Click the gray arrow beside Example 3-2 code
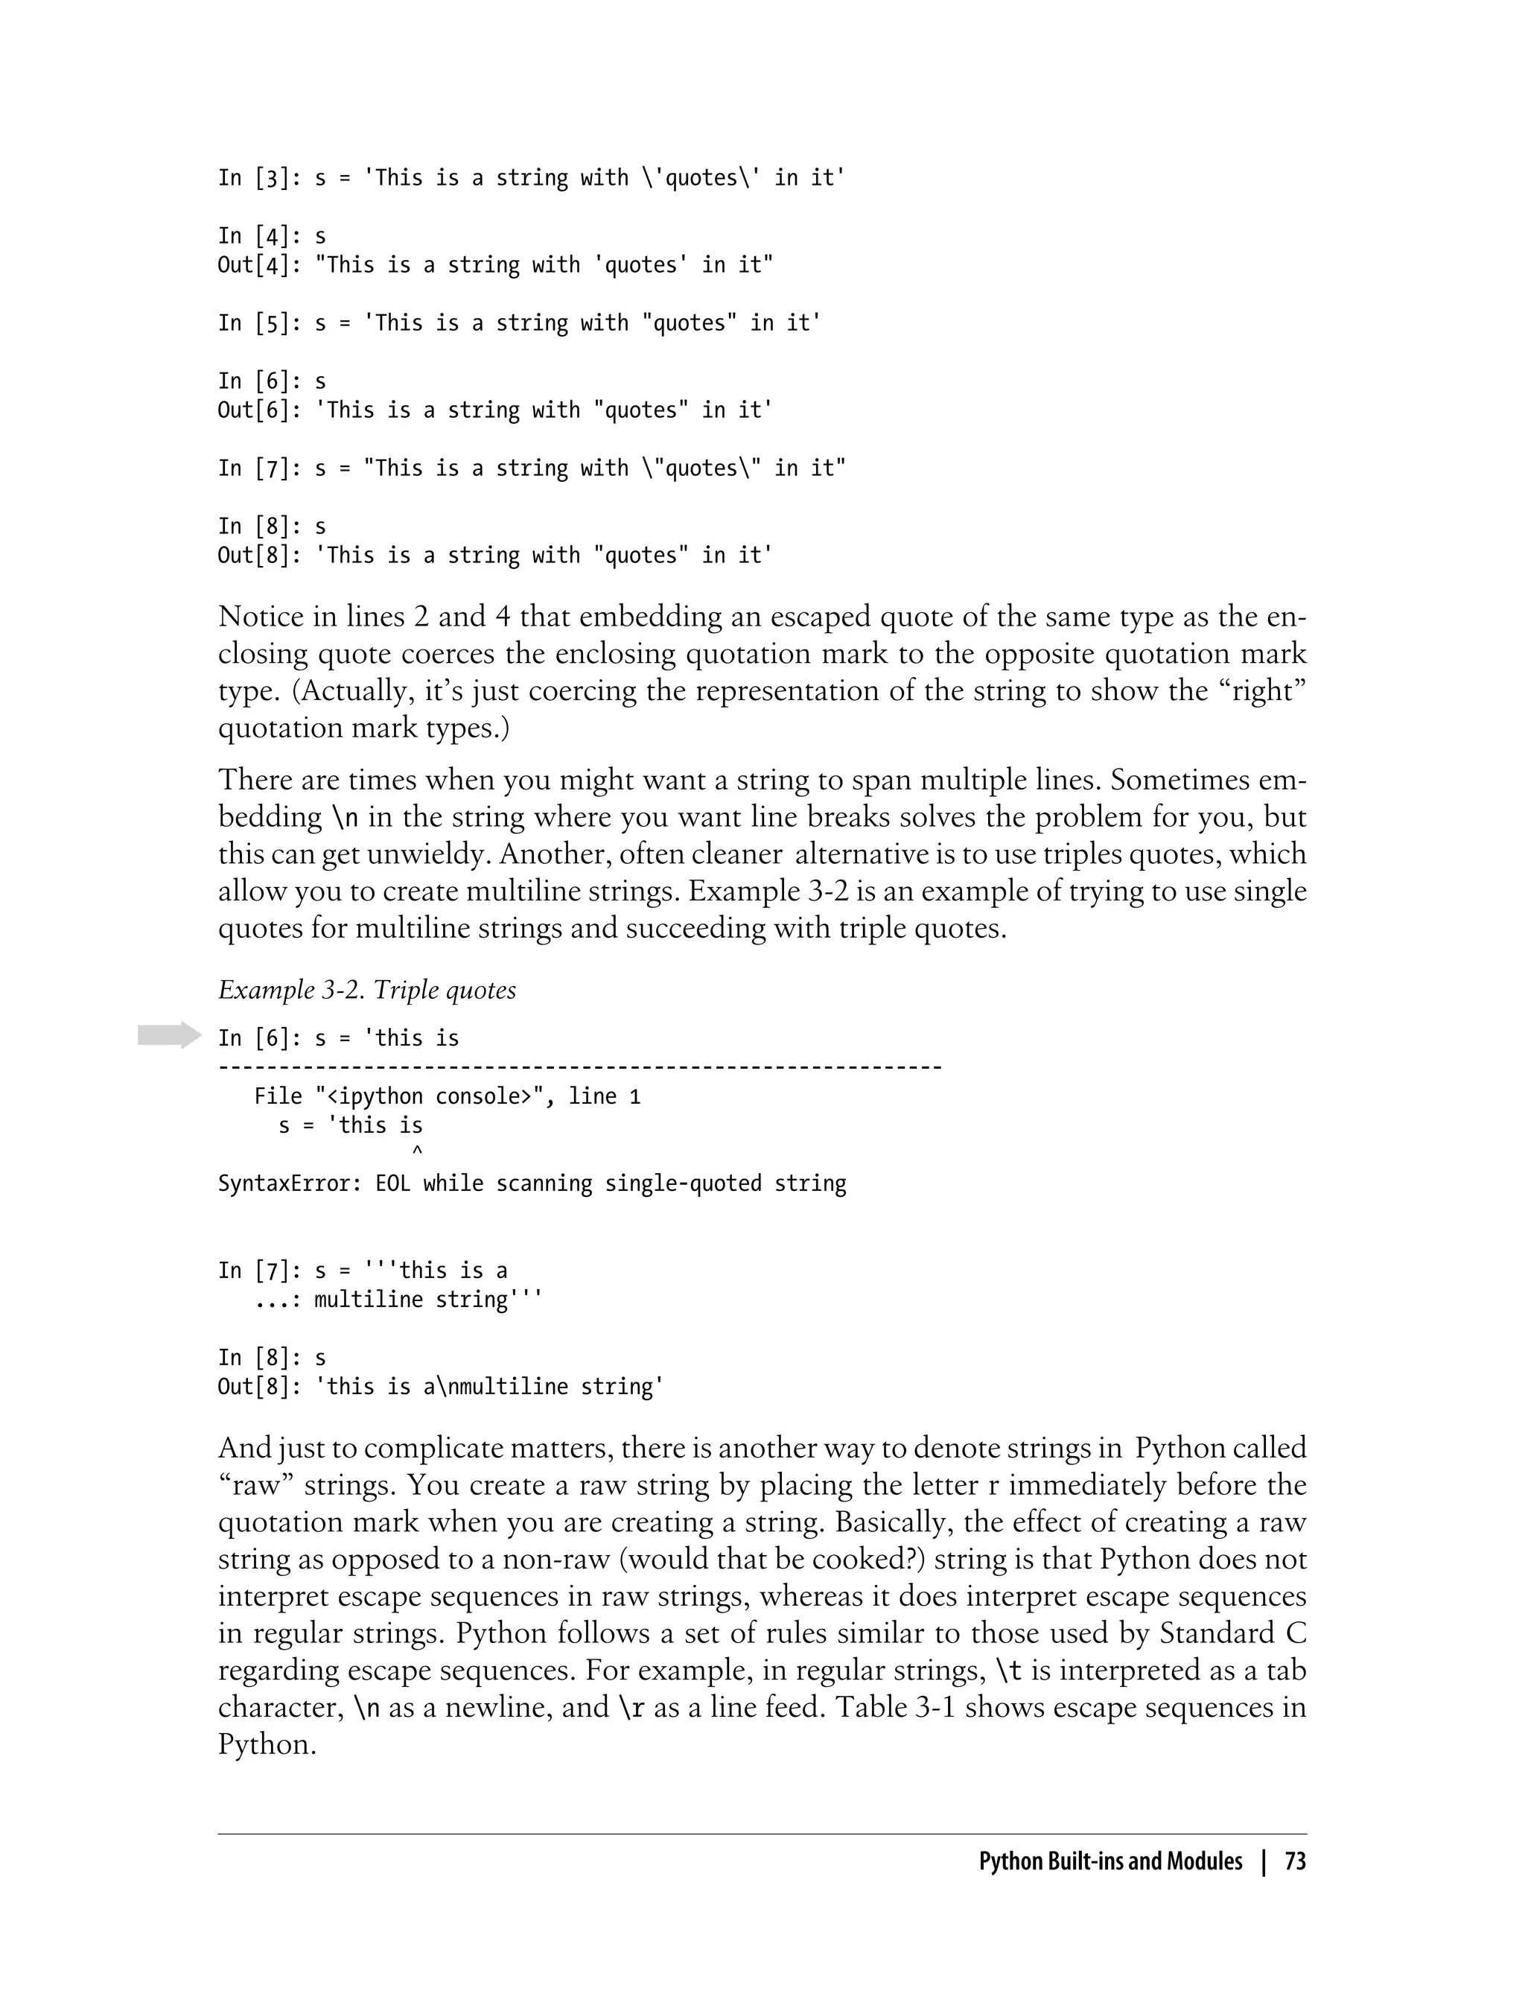point(169,1035)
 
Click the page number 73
point(1296,1861)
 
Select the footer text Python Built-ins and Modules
point(1110,1861)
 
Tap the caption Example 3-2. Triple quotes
point(366,990)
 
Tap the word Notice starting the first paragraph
point(261,617)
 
